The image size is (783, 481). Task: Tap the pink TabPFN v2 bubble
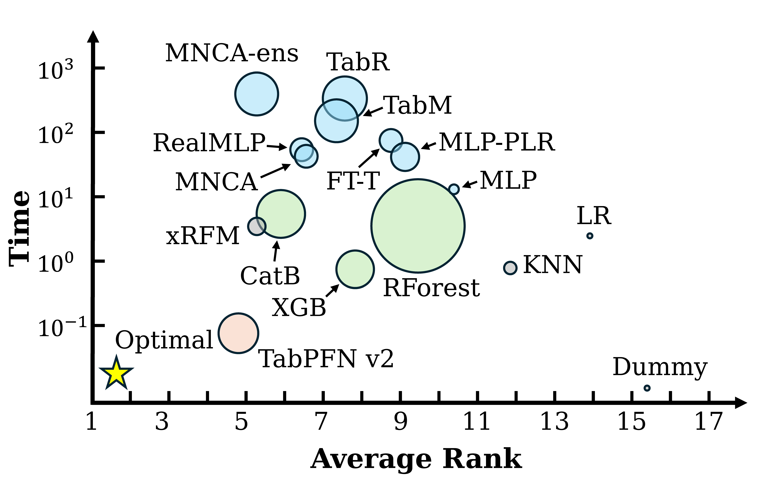click(x=238, y=333)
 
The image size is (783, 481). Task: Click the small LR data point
click(x=590, y=236)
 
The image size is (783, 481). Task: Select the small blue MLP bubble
click(x=454, y=189)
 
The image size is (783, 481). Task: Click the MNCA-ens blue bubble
click(x=257, y=94)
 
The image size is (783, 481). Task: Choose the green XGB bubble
click(x=355, y=269)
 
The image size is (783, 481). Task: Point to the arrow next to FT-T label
click(x=369, y=158)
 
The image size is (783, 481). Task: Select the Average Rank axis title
click(x=416, y=459)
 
